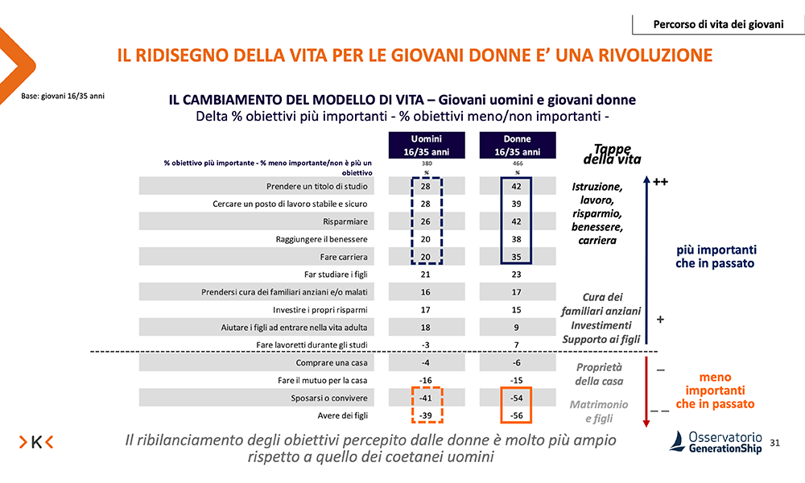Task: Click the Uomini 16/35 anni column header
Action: click(426, 145)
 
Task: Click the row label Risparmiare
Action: click(347, 222)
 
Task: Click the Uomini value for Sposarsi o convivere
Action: click(426, 398)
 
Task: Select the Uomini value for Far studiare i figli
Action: click(426, 275)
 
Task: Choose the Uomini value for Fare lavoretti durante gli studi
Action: click(426, 345)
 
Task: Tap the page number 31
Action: click(776, 443)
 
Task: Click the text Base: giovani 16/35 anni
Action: click(63, 97)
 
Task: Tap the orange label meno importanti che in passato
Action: click(715, 390)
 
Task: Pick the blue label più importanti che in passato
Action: click(715, 256)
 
